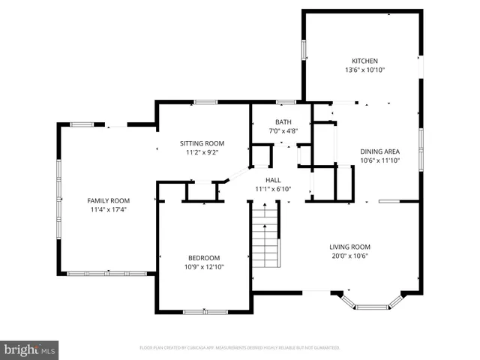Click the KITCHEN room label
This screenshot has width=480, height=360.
[365, 61]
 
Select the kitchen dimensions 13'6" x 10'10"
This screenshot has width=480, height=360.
[365, 70]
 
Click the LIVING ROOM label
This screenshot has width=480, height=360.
[350, 247]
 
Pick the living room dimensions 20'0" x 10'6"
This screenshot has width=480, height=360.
[350, 256]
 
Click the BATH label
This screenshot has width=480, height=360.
[283, 122]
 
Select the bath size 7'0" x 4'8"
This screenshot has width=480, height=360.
[283, 131]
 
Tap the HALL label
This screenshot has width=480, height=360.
[273, 180]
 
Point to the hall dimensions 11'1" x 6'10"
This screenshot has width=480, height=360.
[273, 189]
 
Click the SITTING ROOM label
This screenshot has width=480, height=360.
[202, 143]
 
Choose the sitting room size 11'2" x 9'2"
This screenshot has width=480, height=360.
[202, 152]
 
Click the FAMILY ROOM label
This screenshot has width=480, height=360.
[109, 200]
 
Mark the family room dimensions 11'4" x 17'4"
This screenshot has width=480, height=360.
[109, 209]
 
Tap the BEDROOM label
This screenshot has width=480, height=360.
[204, 256]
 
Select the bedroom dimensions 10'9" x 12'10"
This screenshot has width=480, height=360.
[204, 266]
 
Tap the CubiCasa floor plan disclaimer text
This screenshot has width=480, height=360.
[240, 348]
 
